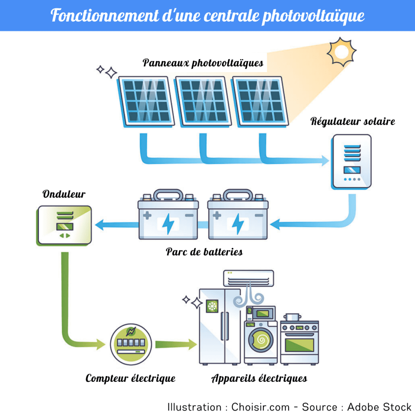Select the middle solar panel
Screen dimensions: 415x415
[203, 101]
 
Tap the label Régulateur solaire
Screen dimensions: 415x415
[353, 122]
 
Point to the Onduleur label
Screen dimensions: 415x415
[64, 194]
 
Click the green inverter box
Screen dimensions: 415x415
[64, 225]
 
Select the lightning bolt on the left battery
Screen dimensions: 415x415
[168, 224]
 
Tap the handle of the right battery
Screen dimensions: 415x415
[238, 193]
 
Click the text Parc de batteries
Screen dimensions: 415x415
[204, 252]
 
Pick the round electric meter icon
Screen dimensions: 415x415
[130, 343]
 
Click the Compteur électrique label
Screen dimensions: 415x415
[130, 379]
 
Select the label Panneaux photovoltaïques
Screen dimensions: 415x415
[203, 63]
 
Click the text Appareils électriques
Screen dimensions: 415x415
[259, 379]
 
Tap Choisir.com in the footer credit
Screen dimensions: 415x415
[260, 406]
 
